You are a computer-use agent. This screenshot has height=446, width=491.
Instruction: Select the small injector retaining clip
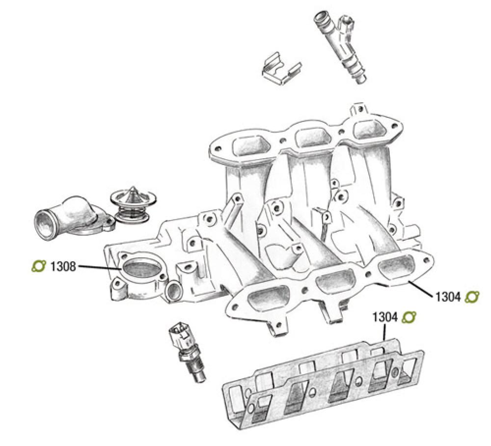pos(280,70)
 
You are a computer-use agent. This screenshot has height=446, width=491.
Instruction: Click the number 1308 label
pos(63,267)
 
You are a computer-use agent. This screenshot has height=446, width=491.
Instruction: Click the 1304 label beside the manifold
pos(447,297)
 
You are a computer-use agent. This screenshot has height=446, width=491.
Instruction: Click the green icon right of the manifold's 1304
pos(472,297)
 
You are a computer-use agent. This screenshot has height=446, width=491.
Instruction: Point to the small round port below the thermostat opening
pos(173,291)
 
